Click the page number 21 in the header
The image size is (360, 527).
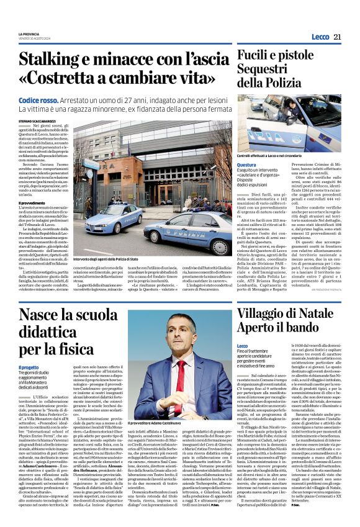point(338,37)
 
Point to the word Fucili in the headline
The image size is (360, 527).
point(256,56)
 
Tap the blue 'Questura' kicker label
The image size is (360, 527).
point(246,165)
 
